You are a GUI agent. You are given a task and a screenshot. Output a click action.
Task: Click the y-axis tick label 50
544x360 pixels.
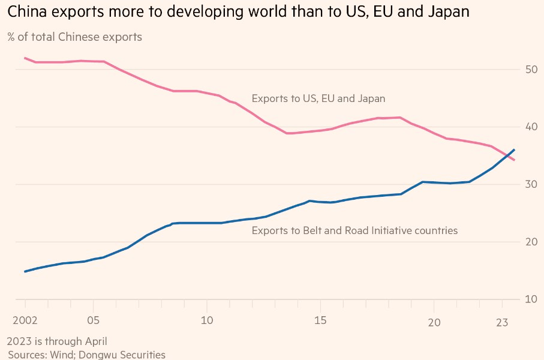pyautogui.click(x=531, y=70)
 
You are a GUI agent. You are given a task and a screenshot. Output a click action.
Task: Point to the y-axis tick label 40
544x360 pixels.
pyautogui.click(x=531, y=127)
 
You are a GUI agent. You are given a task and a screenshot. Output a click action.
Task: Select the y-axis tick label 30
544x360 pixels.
pyautogui.click(x=531, y=184)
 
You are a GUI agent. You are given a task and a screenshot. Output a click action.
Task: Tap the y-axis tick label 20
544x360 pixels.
pyautogui.click(x=531, y=242)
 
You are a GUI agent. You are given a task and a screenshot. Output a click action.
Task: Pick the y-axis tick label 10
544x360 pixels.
pyautogui.click(x=531, y=299)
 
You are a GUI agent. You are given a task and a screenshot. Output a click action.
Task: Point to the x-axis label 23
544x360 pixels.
pyautogui.click(x=503, y=322)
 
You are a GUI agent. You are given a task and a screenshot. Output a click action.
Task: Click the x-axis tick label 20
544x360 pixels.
pyautogui.click(x=434, y=322)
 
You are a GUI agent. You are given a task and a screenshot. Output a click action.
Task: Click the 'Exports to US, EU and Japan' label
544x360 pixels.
pyautogui.click(x=318, y=98)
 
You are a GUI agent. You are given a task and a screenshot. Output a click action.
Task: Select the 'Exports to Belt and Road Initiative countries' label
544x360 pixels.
pyautogui.click(x=354, y=230)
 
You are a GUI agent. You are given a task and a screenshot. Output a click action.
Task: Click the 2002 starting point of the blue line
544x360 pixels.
pyautogui.click(x=25, y=271)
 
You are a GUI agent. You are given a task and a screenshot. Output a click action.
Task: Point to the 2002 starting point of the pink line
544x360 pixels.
pyautogui.click(x=25, y=58)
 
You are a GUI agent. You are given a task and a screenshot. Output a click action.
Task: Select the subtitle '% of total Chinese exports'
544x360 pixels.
pyautogui.click(x=75, y=37)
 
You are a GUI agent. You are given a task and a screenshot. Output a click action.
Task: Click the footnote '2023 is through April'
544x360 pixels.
pyautogui.click(x=57, y=341)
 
